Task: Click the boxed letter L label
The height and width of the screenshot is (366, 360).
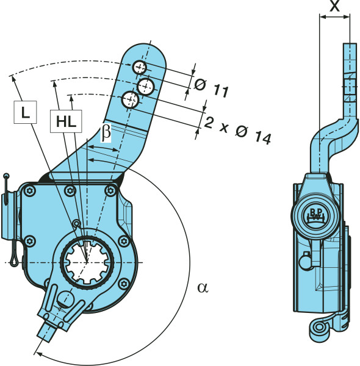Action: [25, 112]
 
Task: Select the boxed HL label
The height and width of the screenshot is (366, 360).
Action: [66, 121]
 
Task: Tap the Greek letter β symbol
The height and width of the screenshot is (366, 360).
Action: [106, 132]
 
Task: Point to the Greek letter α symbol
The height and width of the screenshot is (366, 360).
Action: [203, 287]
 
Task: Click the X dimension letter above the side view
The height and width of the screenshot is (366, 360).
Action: [334, 6]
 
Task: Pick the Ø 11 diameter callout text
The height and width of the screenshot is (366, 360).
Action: [211, 88]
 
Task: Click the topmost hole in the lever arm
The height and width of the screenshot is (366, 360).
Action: [140, 68]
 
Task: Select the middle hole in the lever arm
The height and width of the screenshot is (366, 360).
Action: [146, 86]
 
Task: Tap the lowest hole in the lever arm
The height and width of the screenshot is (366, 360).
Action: [131, 100]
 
